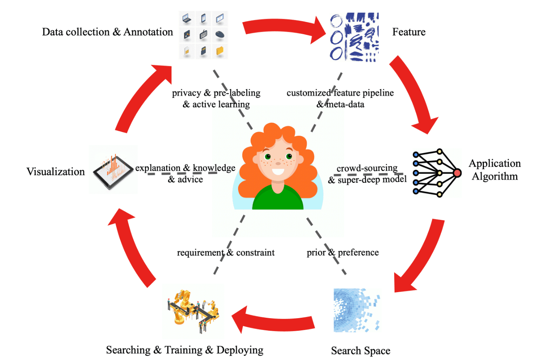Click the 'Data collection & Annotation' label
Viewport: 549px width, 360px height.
(x=107, y=32)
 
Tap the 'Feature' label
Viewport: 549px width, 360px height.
(x=409, y=32)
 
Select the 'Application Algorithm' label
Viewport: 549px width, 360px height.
(x=494, y=170)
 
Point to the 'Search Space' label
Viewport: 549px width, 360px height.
(x=360, y=350)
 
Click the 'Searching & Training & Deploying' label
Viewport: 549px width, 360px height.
(x=184, y=350)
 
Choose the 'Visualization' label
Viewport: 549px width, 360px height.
(x=56, y=171)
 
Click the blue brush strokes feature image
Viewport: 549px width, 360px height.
(x=354, y=35)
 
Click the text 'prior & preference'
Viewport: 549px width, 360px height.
(x=343, y=252)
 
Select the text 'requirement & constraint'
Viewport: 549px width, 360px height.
(x=226, y=252)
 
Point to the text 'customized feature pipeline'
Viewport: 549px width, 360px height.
(x=340, y=93)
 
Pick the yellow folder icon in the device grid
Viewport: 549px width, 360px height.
(x=220, y=51)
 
